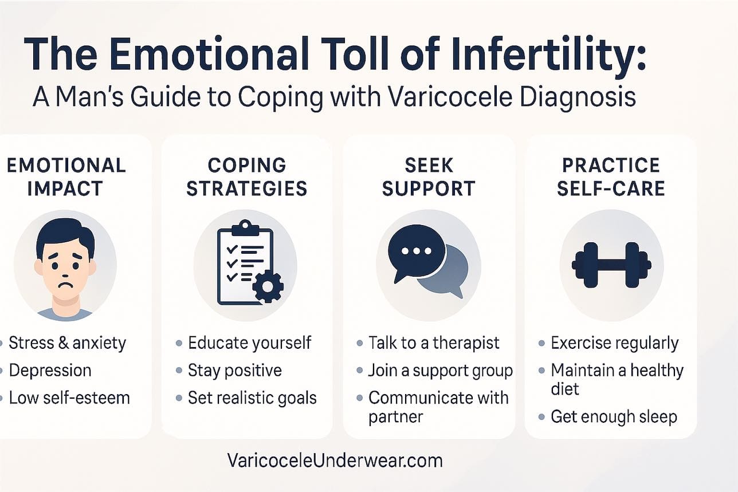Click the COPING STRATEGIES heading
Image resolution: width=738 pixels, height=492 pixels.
(246, 176)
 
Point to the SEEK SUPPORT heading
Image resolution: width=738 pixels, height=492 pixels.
(428, 176)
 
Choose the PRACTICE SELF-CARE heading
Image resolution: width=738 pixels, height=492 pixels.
(611, 176)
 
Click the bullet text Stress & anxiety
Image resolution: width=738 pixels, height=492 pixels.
(68, 343)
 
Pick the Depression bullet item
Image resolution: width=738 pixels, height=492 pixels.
(50, 371)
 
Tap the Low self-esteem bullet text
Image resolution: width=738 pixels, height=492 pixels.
(69, 397)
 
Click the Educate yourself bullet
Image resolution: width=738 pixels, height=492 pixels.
(249, 343)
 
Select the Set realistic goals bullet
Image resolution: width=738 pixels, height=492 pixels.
(252, 397)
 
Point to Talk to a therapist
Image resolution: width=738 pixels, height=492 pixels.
(434, 343)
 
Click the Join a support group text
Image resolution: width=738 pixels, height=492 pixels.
(440, 371)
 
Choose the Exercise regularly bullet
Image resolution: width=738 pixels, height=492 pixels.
(614, 343)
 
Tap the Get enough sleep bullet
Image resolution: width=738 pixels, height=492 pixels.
(614, 416)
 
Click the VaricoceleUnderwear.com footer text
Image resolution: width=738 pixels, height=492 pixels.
(335, 460)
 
